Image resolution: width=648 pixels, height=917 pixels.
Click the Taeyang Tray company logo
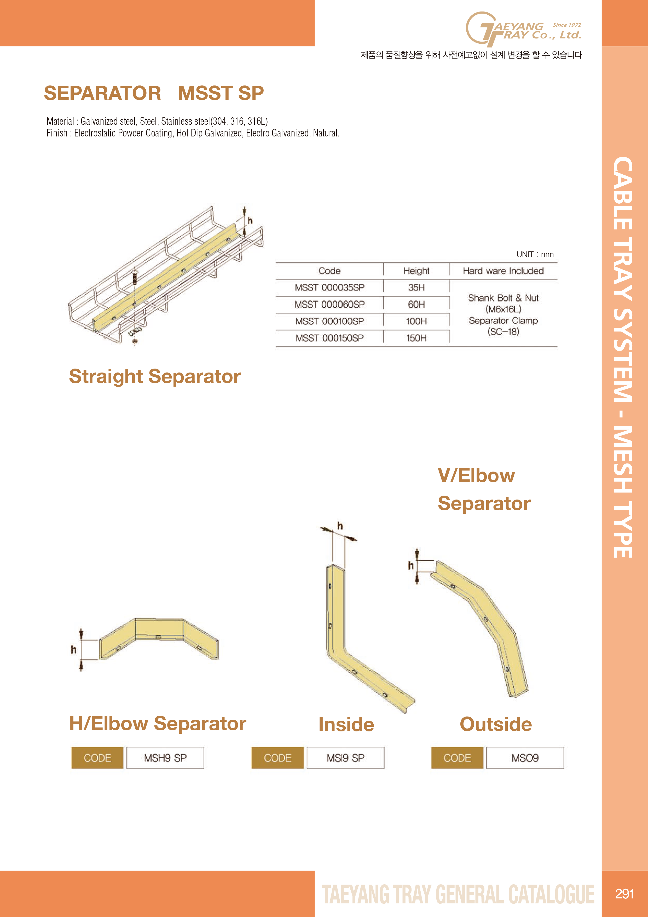pos(523,29)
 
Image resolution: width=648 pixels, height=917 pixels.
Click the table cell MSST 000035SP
pos(329,288)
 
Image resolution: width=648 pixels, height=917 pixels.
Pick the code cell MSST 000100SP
pos(329,321)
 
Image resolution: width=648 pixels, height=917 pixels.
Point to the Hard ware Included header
pos(503,271)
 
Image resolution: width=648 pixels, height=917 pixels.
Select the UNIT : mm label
pos(535,254)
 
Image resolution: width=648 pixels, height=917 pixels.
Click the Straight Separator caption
pos(155,376)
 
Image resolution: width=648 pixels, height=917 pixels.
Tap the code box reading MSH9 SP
pos(165,758)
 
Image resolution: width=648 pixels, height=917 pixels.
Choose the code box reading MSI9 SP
pos(345,758)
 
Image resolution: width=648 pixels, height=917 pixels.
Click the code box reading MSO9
pos(525,758)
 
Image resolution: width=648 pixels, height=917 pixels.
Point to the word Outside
pos(496,724)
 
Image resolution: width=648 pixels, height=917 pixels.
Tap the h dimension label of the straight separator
pos(250,220)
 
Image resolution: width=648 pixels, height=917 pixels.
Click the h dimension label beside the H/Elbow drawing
pos(73,649)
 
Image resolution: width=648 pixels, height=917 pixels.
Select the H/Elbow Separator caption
pos(158,723)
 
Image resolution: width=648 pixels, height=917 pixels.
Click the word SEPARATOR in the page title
pos(103,93)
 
